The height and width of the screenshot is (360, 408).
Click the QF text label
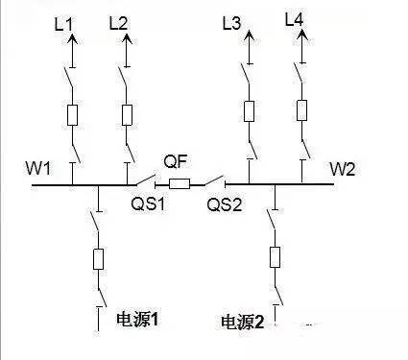(x=175, y=161)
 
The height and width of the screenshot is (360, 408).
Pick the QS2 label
(x=222, y=204)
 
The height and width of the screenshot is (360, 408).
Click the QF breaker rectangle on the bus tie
(x=180, y=182)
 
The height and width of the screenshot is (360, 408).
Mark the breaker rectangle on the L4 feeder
(x=302, y=108)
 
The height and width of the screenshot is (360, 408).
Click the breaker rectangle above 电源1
(x=99, y=258)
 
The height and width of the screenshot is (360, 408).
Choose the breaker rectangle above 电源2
(x=275, y=256)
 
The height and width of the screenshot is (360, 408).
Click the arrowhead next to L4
(x=303, y=36)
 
